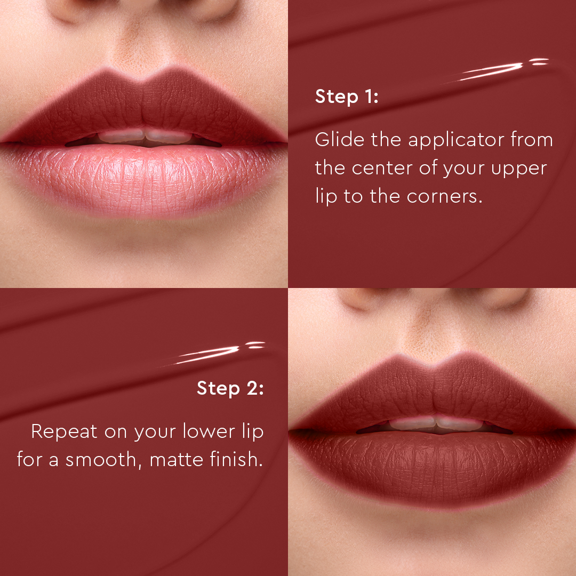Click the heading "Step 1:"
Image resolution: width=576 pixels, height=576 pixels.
347,97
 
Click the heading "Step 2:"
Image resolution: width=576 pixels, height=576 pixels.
230,388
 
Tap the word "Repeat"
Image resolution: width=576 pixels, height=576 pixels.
65,431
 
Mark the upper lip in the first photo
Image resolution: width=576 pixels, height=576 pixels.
144,104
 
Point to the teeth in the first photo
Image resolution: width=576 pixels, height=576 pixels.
144,138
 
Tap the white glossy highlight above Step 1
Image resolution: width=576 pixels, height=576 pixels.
496,70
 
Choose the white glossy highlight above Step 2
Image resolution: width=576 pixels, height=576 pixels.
213,353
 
